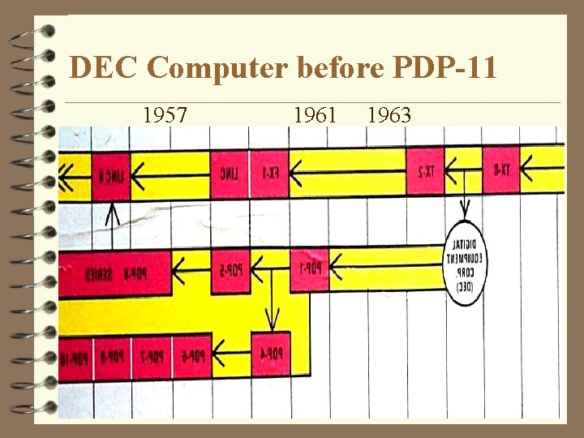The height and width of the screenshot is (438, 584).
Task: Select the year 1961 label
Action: tap(315, 115)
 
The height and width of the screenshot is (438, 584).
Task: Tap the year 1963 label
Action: tap(389, 115)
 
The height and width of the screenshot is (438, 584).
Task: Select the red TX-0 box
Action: tap(501, 171)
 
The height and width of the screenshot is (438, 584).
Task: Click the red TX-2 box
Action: tap(427, 171)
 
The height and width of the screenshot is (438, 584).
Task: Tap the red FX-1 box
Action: tap(270, 172)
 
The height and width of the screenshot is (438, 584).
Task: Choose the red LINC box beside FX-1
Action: tap(230, 172)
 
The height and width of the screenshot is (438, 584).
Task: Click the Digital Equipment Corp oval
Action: tap(465, 263)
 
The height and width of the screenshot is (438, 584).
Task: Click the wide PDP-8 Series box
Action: tap(114, 273)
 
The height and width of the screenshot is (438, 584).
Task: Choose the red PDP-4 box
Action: tap(270, 354)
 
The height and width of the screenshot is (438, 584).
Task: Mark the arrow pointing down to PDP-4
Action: tap(274, 310)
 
